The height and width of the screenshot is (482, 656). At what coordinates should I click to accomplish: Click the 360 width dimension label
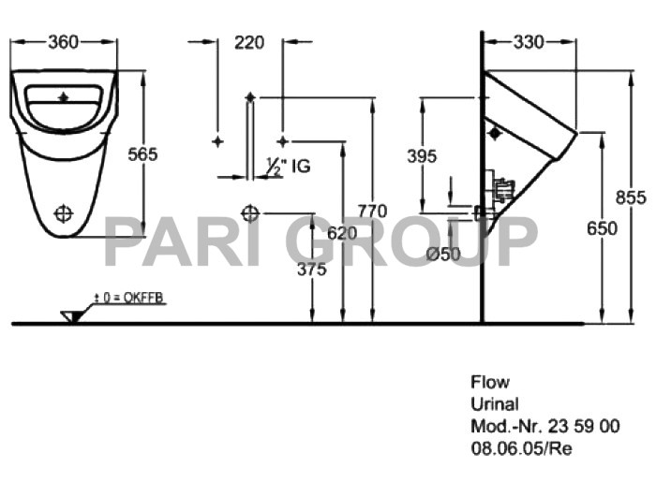pyautogui.click(x=63, y=41)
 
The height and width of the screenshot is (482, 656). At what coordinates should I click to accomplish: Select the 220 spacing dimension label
pyautogui.click(x=249, y=41)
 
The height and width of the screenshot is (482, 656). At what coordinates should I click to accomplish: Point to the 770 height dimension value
pyautogui.click(x=372, y=212)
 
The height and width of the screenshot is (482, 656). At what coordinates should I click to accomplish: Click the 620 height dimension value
pyautogui.click(x=343, y=232)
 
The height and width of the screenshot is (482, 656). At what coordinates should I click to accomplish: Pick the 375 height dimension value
pyautogui.click(x=311, y=270)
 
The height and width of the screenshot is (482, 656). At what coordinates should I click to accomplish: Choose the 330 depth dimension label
pyautogui.click(x=529, y=41)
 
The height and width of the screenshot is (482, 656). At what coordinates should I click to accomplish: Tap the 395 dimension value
pyautogui.click(x=422, y=156)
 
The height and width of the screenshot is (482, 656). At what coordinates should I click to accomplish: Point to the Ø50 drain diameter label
pyautogui.click(x=441, y=254)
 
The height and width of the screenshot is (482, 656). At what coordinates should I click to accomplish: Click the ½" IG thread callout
pyautogui.click(x=287, y=167)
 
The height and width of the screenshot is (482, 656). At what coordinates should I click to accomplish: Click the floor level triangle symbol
pyautogui.click(x=70, y=315)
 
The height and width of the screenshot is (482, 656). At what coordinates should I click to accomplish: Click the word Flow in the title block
pyautogui.click(x=489, y=382)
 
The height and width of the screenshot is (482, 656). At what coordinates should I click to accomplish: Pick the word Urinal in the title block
pyautogui.click(x=494, y=404)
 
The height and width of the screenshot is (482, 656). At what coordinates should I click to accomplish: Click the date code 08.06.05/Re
pyautogui.click(x=520, y=447)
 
